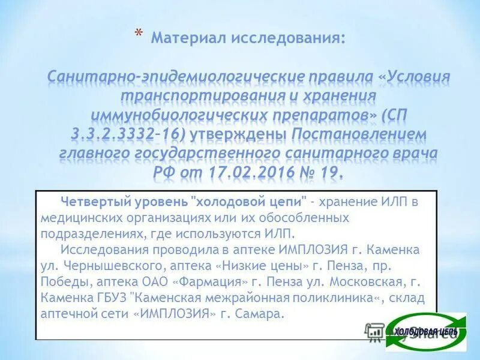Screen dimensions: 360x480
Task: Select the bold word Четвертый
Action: click(x=91, y=200)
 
